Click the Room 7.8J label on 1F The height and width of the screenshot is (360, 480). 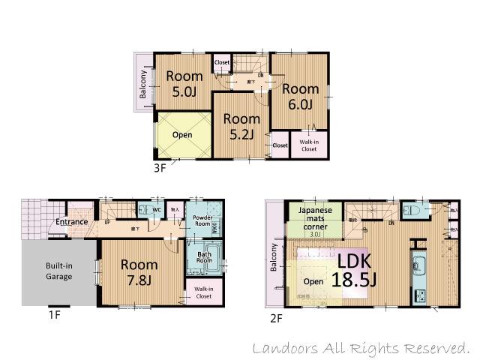pyautogui.click(x=139, y=271)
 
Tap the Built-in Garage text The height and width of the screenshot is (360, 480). pyautogui.click(x=58, y=271)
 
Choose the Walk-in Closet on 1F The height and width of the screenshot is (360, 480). pyautogui.click(x=203, y=292)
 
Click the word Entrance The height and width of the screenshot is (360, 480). pyautogui.click(x=73, y=222)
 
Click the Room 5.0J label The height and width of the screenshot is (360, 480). pyautogui.click(x=184, y=84)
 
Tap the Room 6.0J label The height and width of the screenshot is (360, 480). pyautogui.click(x=300, y=96)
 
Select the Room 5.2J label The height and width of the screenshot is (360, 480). pyautogui.click(x=241, y=126)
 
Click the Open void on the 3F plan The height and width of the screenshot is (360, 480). pyautogui.click(x=182, y=135)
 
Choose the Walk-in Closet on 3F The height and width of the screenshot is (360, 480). pyautogui.click(x=308, y=145)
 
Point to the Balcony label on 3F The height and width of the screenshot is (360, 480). pyautogui.click(x=142, y=84)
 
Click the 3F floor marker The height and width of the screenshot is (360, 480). pyautogui.click(x=159, y=168)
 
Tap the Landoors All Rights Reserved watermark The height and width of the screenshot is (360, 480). pyautogui.click(x=361, y=348)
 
